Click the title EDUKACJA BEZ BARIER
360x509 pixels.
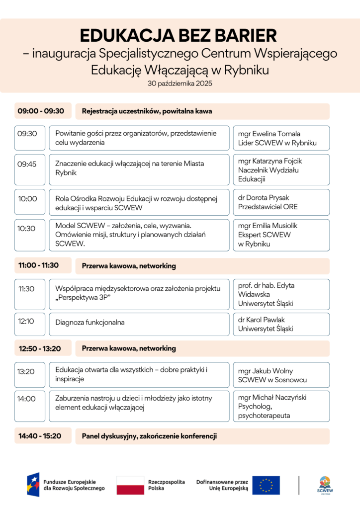pyautogui.click(x=180, y=36)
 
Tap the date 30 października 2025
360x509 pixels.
pyautogui.click(x=180, y=84)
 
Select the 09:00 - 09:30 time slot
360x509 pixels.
pyautogui.click(x=43, y=111)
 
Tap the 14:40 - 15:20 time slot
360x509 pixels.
pyautogui.click(x=43, y=436)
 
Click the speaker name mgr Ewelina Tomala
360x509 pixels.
pyautogui.click(x=269, y=134)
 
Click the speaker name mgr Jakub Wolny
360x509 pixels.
pyautogui.click(x=266, y=371)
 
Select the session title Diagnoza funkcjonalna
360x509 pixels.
pyautogui.click(x=90, y=323)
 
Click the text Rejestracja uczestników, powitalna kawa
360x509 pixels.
pyautogui.click(x=147, y=111)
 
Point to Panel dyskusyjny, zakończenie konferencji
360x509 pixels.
pyautogui.click(x=149, y=436)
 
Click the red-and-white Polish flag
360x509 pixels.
pyautogui.click(x=130, y=485)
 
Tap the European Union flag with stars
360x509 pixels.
pyautogui.click(x=266, y=485)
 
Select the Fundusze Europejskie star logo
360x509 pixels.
pyautogui.click(x=33, y=485)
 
